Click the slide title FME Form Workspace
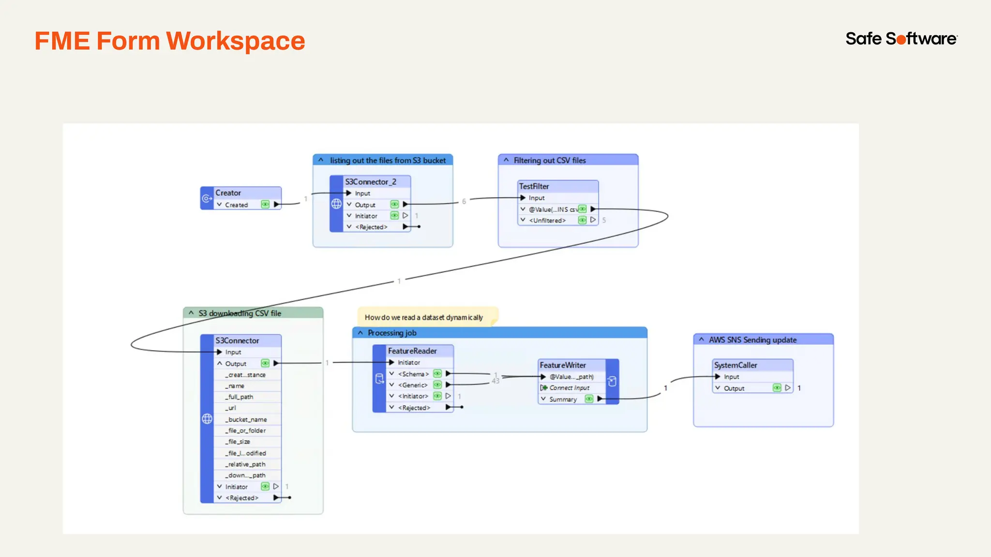click(169, 41)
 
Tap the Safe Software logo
click(901, 39)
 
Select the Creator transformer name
click(228, 193)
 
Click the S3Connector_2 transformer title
click(371, 182)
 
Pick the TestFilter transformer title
click(534, 186)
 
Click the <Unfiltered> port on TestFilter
click(547, 220)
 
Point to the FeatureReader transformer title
click(412, 351)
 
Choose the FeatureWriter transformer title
click(563, 365)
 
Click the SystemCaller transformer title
click(736, 365)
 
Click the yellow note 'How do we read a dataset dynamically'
click(424, 317)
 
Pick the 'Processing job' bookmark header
click(392, 333)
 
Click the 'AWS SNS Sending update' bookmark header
click(752, 340)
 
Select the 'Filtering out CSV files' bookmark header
click(550, 161)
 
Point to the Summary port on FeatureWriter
click(563, 399)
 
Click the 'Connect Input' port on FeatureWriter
click(569, 388)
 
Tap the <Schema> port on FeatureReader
click(413, 374)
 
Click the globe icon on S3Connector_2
click(336, 204)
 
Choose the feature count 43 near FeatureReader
click(495, 381)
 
